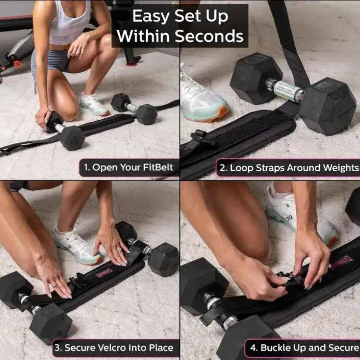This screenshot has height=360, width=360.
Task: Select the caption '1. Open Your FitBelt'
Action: tap(128, 168)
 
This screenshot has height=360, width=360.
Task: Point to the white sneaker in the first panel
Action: tap(94, 105)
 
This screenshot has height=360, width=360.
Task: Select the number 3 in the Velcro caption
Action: tap(57, 348)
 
